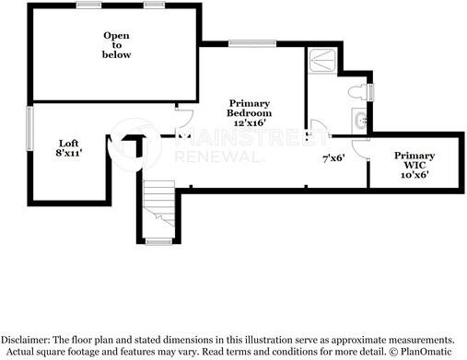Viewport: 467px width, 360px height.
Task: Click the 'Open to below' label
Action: tap(116, 45)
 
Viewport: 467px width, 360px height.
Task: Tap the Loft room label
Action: tap(69, 144)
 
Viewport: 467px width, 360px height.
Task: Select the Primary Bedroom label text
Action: tap(249, 108)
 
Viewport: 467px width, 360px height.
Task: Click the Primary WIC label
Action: tap(414, 160)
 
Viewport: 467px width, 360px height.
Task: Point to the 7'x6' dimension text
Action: tap(333, 158)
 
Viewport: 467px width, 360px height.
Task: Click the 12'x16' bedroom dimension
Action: tap(250, 122)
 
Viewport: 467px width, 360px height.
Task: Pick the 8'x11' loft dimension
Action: tap(69, 153)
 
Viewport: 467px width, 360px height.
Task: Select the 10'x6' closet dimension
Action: tap(414, 175)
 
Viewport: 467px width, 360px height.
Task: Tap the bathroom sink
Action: tap(360, 121)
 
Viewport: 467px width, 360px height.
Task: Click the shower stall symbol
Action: tap(322, 60)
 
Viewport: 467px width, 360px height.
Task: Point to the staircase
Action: tap(158, 203)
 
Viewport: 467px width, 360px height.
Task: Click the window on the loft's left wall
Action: tap(29, 128)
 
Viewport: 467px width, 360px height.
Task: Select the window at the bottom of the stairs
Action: tap(158, 242)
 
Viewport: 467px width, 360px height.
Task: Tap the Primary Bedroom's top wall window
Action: tap(252, 43)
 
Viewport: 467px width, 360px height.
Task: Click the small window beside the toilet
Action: tap(371, 92)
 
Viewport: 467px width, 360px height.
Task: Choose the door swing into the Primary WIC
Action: tap(359, 150)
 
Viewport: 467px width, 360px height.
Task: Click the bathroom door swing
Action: tap(320, 126)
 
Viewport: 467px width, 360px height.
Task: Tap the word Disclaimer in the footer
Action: tap(25, 340)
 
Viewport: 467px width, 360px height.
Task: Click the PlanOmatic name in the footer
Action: tap(426, 352)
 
